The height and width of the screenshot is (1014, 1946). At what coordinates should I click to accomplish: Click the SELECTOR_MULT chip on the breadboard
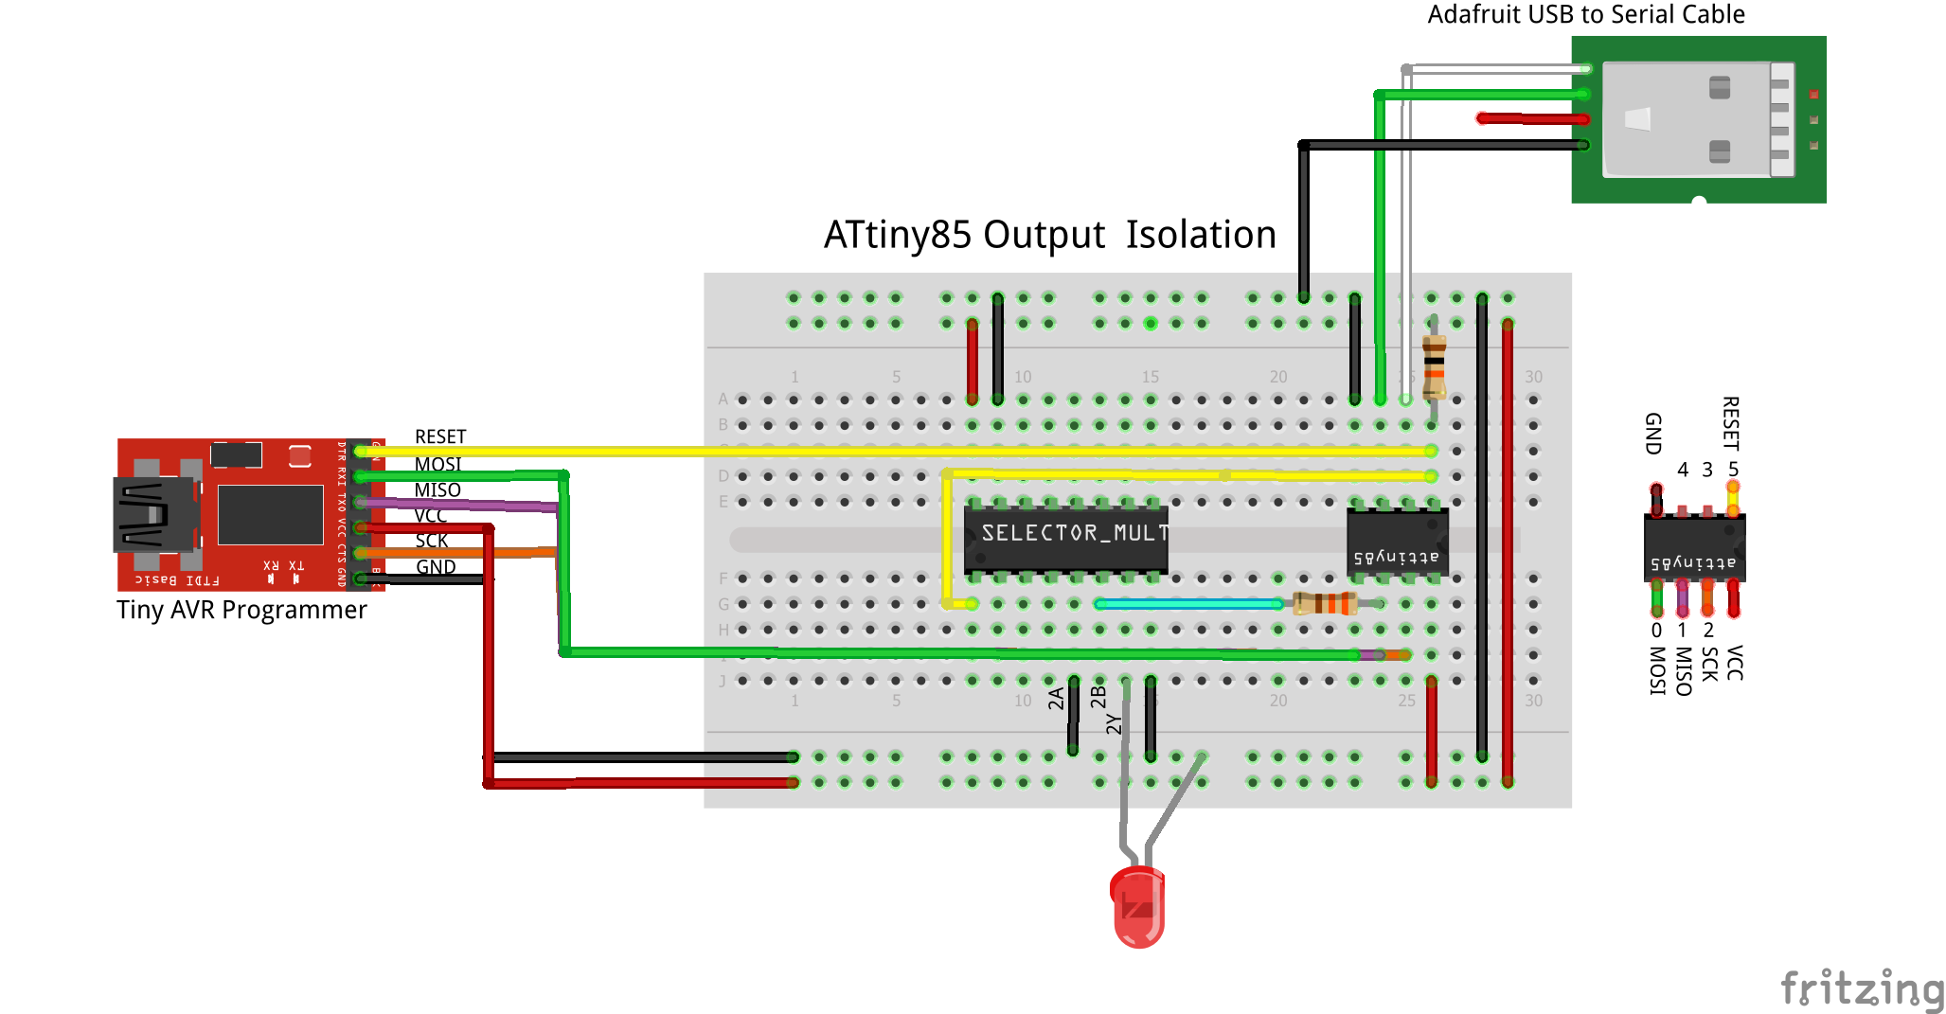1065,538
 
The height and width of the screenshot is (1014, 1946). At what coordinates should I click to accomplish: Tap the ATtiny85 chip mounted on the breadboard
1397,543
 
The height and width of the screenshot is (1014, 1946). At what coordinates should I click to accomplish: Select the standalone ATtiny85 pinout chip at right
1694,548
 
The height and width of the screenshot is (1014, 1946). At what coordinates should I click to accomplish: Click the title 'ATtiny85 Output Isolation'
1049,235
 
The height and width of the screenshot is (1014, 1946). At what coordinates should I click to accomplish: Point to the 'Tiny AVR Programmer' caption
241,610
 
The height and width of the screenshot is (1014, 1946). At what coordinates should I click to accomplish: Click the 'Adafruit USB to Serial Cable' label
1585,14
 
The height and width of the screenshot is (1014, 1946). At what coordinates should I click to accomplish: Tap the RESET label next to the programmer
440,436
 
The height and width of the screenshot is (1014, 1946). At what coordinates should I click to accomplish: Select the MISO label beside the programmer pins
437,489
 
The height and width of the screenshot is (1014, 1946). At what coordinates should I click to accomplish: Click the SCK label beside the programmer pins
432,541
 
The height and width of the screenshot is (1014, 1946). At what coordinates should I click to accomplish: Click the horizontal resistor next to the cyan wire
1325,603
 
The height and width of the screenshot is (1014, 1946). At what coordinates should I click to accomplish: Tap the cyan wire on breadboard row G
1188,603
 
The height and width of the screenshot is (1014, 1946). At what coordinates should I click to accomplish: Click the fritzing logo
1861,988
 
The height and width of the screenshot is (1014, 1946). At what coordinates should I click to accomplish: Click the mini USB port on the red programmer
152,515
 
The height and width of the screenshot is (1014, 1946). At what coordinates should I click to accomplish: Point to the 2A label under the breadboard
1056,699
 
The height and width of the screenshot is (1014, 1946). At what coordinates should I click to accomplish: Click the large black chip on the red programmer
270,514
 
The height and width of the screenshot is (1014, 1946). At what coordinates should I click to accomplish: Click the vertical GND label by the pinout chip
1653,434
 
